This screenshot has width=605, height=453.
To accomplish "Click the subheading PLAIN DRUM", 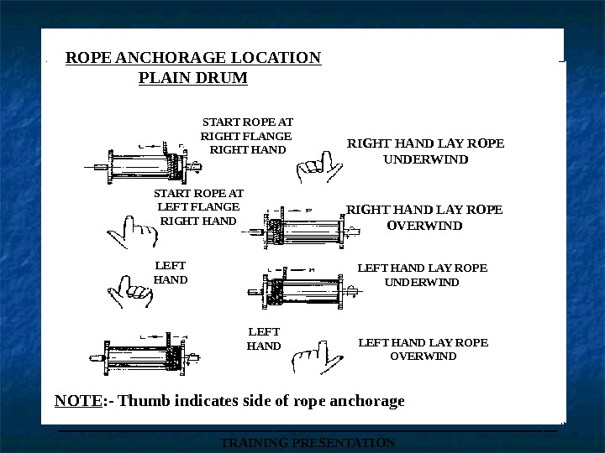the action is [192, 78].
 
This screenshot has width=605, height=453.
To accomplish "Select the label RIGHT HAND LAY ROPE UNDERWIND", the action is [426, 150].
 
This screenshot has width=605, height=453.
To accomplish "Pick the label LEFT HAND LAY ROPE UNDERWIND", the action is [422, 275].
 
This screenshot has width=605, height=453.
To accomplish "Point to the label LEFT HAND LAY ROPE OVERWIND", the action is [423, 349].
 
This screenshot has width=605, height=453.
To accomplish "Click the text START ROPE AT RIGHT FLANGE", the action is [247, 128].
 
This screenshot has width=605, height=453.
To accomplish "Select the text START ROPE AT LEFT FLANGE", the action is [198, 200].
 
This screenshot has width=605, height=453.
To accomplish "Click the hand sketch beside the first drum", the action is [319, 166].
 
